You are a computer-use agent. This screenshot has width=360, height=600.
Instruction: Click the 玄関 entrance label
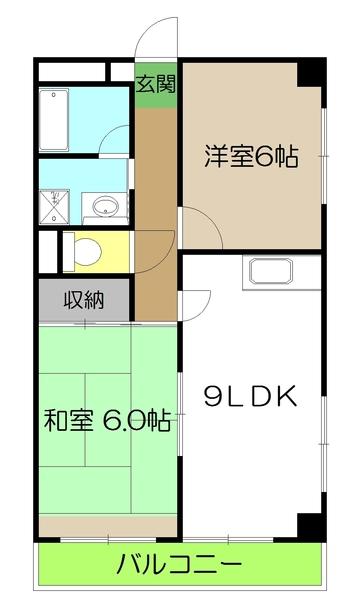[x=155, y=84]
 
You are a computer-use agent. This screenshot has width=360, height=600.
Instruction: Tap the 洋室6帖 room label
[x=251, y=157]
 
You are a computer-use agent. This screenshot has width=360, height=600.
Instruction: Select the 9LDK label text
[x=251, y=397]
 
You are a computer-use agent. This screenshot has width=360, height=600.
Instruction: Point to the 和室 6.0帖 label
[x=107, y=420]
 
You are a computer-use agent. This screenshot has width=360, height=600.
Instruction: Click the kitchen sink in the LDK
[x=271, y=272]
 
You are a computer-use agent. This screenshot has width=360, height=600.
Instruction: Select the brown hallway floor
[x=155, y=200]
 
